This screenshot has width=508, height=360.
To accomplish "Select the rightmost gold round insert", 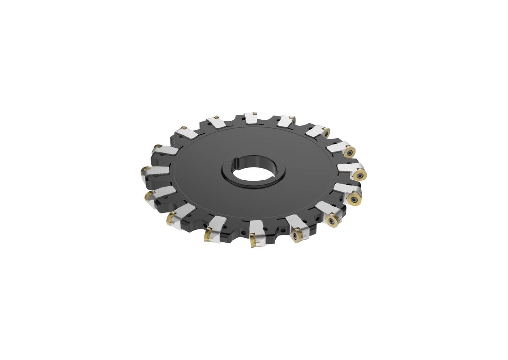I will coord(359,174).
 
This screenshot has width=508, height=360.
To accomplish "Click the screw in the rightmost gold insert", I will coord(358,174).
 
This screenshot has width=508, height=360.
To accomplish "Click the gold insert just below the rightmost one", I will coord(354,199).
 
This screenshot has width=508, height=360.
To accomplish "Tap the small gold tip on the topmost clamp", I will coord(254,113).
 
